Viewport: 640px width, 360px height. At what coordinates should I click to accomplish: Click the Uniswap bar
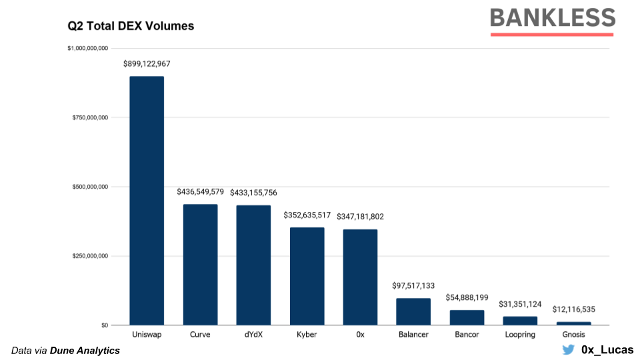147,201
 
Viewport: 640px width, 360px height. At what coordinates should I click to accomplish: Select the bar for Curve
200,265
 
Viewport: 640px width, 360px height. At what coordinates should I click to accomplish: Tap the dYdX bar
253,265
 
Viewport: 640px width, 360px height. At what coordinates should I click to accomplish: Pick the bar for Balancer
413,311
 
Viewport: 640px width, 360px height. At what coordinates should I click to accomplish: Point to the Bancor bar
467,317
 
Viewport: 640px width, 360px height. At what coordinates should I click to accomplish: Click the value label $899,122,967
147,64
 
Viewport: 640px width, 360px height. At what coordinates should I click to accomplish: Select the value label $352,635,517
307,215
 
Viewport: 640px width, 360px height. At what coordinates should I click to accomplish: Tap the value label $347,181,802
361,217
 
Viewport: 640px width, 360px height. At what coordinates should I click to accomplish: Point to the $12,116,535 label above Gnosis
574,310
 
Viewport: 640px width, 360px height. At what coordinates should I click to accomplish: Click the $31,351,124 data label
520,304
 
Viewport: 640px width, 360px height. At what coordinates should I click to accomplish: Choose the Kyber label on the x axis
307,334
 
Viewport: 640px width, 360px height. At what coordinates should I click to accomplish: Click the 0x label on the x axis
360,334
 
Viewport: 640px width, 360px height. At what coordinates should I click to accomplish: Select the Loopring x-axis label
520,334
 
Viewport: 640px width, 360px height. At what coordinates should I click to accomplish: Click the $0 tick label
104,325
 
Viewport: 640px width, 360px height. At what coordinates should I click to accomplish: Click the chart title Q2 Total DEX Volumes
131,27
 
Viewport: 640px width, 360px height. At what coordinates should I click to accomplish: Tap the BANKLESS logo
552,18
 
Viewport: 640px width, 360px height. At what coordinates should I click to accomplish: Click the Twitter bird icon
568,349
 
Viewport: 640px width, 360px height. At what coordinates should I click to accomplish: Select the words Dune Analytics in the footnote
85,351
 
